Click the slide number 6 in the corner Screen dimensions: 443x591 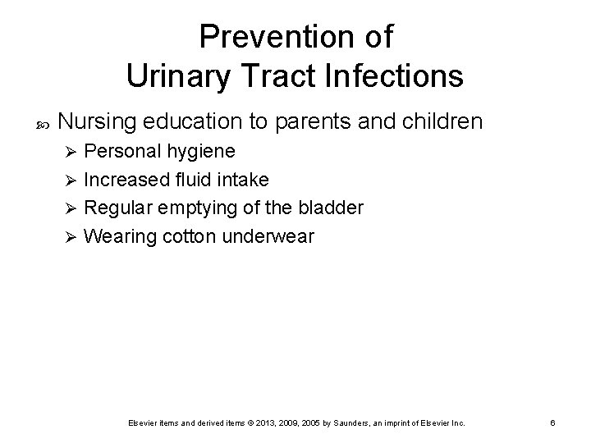[x=553, y=422]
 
